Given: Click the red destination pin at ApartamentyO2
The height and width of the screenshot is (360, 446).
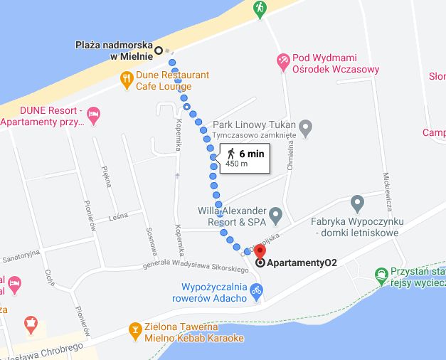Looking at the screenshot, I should click(260, 252).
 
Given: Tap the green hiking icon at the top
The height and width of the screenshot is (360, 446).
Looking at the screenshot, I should click(260, 9).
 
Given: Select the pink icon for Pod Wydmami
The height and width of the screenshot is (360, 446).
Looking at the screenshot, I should click(283, 61).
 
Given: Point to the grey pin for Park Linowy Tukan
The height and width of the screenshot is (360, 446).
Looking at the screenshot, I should click(306, 129).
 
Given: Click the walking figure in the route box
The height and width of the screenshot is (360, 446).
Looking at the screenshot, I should click(230, 153).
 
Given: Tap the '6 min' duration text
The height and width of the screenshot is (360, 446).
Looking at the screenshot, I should click(252, 153).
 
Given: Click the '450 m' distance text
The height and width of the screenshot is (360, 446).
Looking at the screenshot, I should click(236, 164).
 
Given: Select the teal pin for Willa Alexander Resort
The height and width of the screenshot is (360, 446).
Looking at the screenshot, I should click(276, 215).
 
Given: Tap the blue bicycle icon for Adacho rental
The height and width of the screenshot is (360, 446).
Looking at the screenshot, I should click(257, 289).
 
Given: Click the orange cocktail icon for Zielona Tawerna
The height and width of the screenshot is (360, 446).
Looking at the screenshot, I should click(134, 330).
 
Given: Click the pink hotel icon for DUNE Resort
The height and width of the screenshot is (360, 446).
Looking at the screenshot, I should click(93, 113).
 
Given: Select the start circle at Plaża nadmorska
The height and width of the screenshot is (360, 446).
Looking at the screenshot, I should click(159, 50).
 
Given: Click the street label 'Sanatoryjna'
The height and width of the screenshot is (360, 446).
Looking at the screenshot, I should click(22, 255).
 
